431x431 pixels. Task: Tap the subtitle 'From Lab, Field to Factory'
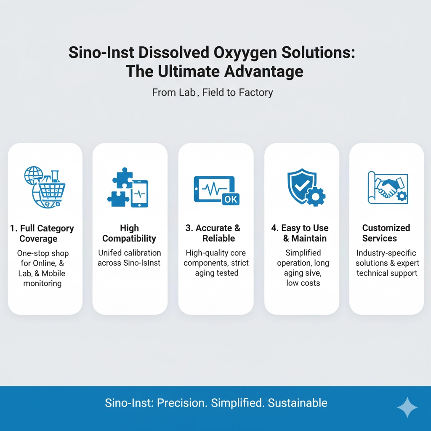[x=213, y=92]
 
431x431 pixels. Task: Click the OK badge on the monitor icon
[x=231, y=199]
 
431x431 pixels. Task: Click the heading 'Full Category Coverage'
[x=42, y=233]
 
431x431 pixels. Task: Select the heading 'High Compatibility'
[x=129, y=233]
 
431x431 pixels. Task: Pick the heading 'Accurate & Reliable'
[x=213, y=233]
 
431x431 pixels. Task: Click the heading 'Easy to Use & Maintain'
[x=300, y=233]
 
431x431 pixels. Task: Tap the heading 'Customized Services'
[x=386, y=233]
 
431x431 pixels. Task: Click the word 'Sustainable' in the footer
[x=298, y=403]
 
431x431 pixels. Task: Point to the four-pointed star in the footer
[x=407, y=407]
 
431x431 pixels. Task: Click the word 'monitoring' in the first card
[x=43, y=283]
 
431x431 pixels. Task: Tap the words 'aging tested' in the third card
[x=217, y=273]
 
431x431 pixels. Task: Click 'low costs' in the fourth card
[x=303, y=283]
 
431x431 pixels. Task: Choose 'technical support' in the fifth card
[x=387, y=273]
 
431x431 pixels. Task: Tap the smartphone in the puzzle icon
[x=139, y=194]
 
